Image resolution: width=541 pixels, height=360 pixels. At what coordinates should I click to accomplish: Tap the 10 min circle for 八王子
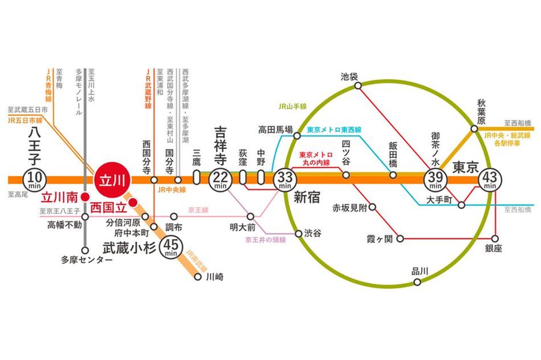32,180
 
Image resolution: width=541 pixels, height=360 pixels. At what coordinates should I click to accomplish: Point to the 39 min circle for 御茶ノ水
435,180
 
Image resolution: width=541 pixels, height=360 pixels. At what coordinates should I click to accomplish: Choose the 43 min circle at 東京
490,180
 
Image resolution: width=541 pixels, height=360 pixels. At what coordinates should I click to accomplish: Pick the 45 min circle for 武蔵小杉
171,247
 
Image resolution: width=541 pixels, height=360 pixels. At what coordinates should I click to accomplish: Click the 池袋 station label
349,76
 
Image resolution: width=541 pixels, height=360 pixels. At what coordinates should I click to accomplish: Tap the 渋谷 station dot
298,233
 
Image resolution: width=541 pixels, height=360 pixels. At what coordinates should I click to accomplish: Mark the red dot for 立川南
84,197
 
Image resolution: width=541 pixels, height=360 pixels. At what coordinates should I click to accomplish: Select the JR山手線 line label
292,106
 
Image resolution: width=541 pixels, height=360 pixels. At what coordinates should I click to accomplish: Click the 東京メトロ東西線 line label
334,130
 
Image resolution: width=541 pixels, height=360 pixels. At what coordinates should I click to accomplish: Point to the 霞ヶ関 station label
379,238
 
